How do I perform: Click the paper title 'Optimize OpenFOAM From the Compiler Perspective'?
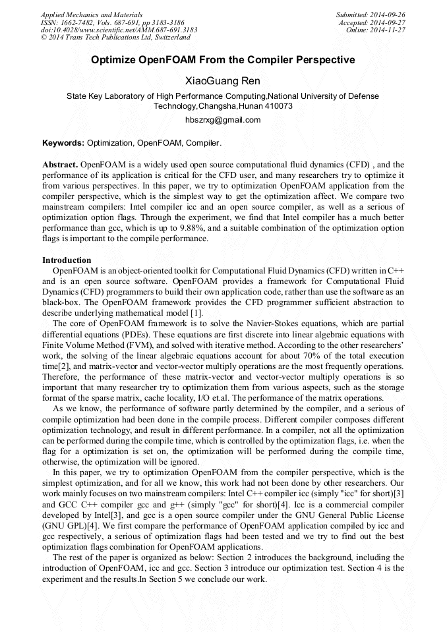point(223,60)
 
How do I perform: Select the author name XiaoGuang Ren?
point(223,81)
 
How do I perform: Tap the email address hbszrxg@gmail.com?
point(223,120)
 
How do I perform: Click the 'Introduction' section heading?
point(67,260)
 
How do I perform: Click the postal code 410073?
point(279,106)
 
